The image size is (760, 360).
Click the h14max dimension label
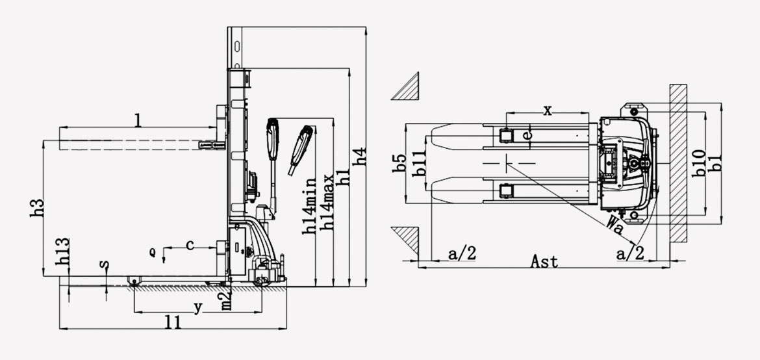tap(329, 201)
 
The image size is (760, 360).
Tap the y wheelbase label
tap(197, 305)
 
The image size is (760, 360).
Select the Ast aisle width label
tap(544, 261)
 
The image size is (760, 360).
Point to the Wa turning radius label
tap(614, 225)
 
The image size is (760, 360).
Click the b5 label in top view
tap(400, 163)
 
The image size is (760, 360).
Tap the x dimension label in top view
tap(547, 110)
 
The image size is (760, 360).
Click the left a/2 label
tap(462, 254)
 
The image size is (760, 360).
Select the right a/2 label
tap(629, 254)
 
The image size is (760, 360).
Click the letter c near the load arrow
tap(190, 245)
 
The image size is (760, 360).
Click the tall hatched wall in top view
tap(679, 162)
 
